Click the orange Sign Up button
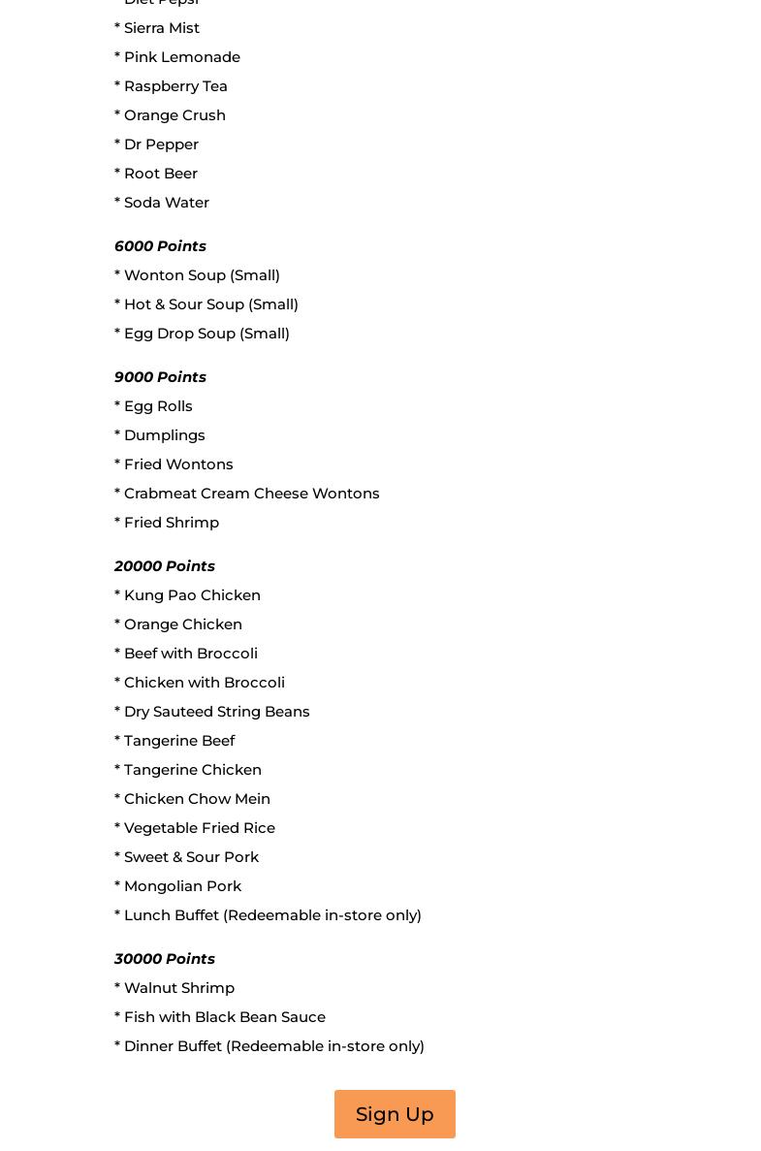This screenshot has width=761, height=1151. point(395,1114)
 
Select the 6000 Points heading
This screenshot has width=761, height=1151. point(160,246)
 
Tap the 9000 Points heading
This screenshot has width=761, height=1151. point(160,377)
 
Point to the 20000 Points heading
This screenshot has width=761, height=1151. point(165,566)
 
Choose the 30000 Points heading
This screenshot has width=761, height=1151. point(165,959)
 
